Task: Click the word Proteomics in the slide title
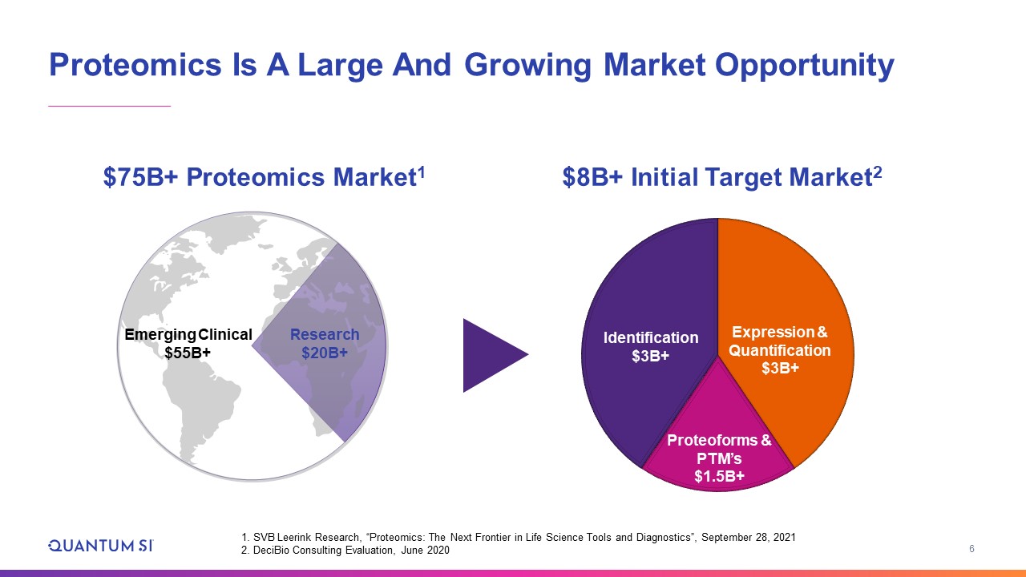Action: (135, 65)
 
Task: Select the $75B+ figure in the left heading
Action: (140, 177)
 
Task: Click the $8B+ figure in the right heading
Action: (592, 177)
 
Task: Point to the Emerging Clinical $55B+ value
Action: (188, 353)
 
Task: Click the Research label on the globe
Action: (325, 334)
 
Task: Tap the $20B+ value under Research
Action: (325, 353)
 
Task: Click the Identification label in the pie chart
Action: (651, 337)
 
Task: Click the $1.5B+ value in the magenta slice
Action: (719, 476)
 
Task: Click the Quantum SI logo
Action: (101, 546)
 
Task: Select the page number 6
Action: (971, 549)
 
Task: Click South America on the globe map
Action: (201, 408)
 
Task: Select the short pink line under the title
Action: (110, 107)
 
